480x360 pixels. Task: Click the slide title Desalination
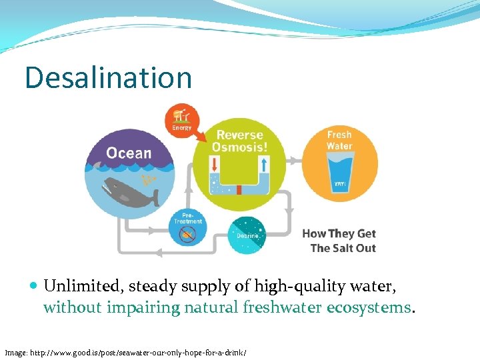click(x=108, y=77)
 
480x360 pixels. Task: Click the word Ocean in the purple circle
click(x=129, y=153)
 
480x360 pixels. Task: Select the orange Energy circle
click(x=181, y=120)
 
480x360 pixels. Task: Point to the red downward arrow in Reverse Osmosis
click(x=215, y=165)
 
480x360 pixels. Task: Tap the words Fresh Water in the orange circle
click(x=339, y=140)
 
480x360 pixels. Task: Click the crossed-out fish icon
click(x=189, y=235)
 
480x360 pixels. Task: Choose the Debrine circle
click(x=247, y=235)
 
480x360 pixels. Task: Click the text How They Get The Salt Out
click(x=340, y=241)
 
